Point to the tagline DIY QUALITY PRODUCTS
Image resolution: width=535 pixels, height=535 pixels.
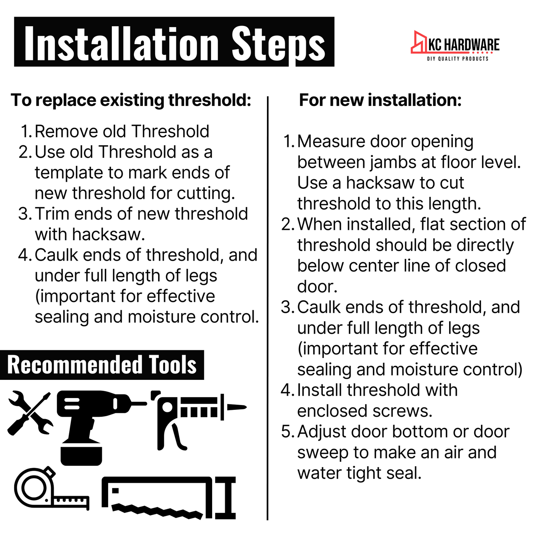(458, 59)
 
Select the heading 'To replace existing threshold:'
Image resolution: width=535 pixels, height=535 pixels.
(131, 100)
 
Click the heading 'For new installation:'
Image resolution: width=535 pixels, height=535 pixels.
(380, 100)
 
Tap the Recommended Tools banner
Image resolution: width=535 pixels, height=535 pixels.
(102, 365)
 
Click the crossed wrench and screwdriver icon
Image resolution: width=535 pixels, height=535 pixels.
(30, 412)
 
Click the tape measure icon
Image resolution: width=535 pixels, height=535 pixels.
(48, 489)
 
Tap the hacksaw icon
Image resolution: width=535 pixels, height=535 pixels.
(168, 498)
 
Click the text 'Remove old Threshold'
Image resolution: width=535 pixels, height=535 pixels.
(122, 131)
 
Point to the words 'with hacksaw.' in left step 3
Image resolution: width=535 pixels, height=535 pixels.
(90, 234)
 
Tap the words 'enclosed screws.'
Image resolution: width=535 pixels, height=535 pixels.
(365, 411)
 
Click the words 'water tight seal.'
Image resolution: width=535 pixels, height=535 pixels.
(359, 473)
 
